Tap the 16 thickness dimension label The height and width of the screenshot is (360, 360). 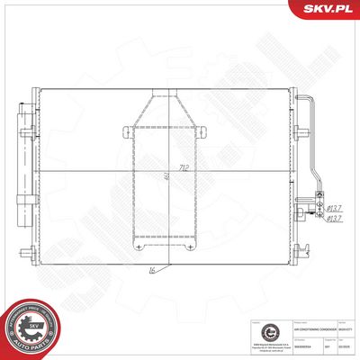(152, 269)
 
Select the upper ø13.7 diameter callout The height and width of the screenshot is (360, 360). (335, 205)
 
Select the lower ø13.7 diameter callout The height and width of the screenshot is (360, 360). (335, 217)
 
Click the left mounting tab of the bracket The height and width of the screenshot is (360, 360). (123, 131)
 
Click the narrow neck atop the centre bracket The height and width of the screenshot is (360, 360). (164, 95)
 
